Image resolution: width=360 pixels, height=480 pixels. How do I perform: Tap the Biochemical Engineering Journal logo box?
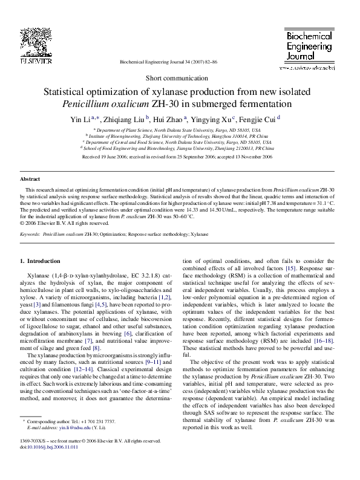point(309,49)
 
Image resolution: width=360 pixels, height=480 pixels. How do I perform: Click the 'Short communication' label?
point(180,79)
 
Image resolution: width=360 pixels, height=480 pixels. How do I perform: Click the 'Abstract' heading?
point(30,180)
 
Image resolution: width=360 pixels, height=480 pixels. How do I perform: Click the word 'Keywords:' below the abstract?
point(30,233)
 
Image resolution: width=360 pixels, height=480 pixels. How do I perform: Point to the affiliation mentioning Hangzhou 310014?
point(179,136)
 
